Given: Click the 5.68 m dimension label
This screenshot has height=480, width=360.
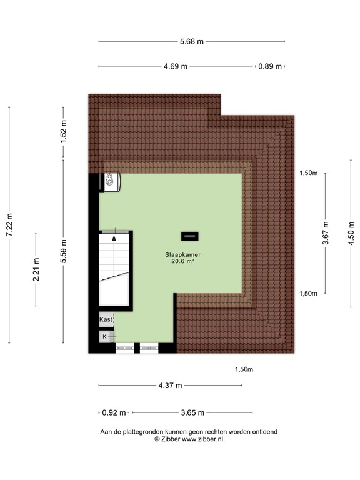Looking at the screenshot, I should tap(192, 42).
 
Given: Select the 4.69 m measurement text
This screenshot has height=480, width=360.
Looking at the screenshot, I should tap(176, 66).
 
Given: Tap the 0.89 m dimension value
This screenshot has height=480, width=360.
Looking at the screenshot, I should tap(270, 66).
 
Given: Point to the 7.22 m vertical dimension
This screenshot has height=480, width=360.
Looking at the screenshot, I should tap(9, 225).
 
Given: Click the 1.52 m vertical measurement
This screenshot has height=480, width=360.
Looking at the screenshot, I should tap(63, 132).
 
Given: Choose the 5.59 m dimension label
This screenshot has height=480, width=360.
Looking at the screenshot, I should tap(63, 251).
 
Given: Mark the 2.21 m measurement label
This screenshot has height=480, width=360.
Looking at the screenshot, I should tap(36, 269).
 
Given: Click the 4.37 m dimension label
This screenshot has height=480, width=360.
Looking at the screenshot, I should tap(170, 386).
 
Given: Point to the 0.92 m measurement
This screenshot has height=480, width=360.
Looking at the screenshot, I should tap(114, 413).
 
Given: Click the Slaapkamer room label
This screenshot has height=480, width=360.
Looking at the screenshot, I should tap(182, 255).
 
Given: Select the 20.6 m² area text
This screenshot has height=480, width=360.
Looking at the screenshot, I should tap(182, 262).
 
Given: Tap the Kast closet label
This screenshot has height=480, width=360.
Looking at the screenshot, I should tap(106, 319).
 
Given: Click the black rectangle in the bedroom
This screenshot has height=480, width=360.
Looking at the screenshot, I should tap(189, 236).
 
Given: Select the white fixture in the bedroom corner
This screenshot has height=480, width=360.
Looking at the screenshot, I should tap(111, 181).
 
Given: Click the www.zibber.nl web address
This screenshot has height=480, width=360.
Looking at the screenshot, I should tap(202, 439).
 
